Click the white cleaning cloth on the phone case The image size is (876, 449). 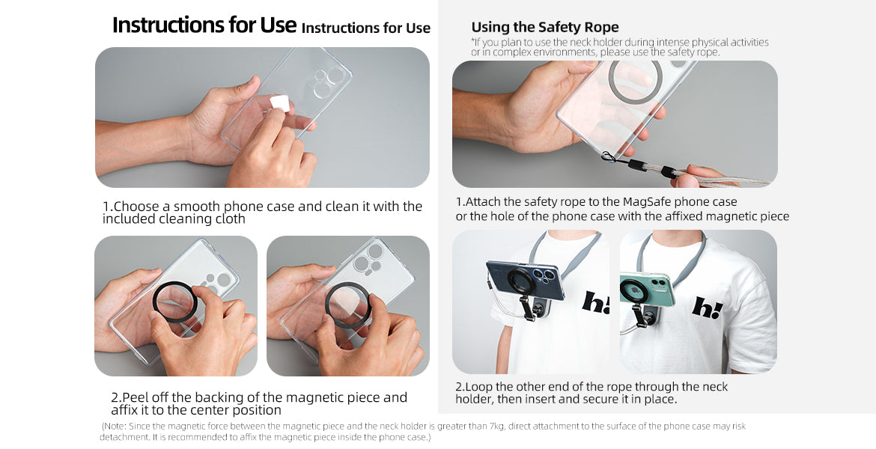coord(279,103)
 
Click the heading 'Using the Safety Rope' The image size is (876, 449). coord(545,27)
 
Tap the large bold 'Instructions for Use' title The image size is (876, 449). coord(204,25)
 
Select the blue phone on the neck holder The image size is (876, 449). coord(525,281)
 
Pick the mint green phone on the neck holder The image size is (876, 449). coord(648,290)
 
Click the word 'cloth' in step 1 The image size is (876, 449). coord(230,219)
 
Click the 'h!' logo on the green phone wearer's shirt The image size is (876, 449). coord(708,307)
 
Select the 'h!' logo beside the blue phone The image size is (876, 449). coord(595,302)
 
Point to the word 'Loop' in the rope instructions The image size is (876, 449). coord(478,387)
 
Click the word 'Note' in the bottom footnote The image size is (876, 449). coord(115,426)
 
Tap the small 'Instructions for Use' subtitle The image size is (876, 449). coord(366,28)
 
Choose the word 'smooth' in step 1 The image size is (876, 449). coord(196,207)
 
